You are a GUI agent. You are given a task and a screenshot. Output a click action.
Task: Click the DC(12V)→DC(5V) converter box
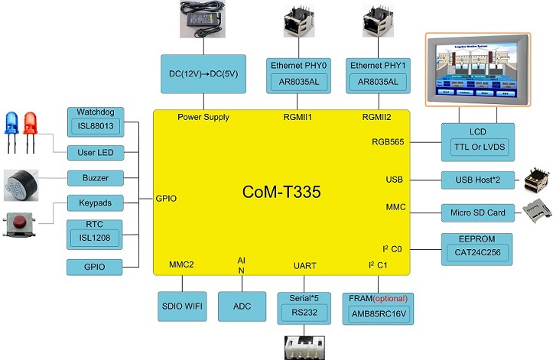[203, 73]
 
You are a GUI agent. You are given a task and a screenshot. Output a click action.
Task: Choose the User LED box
[96, 153]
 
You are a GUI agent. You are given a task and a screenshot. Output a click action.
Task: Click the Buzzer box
[96, 178]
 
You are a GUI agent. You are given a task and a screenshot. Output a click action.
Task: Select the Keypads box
[96, 204]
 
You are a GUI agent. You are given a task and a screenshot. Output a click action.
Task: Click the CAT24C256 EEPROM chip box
[476, 251]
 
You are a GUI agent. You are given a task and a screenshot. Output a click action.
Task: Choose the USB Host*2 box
[476, 180]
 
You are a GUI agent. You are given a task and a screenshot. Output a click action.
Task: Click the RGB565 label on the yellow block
[388, 141]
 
